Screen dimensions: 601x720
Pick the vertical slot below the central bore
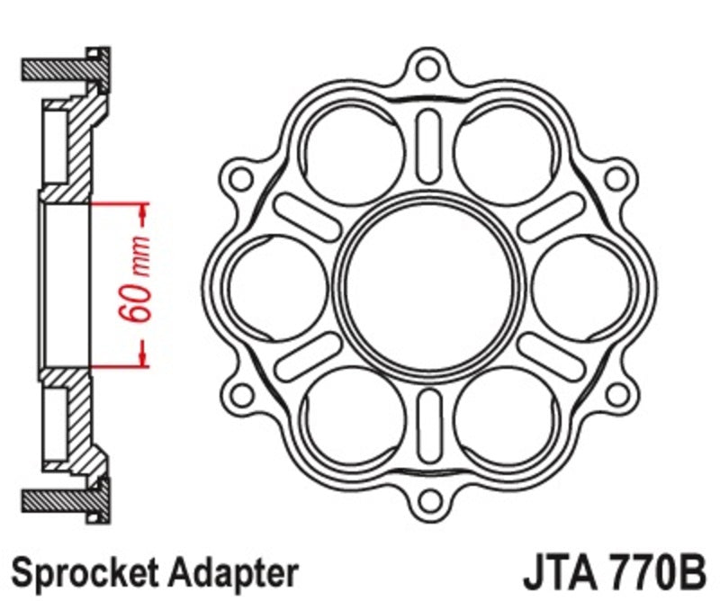pos(429,417)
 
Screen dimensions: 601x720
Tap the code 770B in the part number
pos(654,570)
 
